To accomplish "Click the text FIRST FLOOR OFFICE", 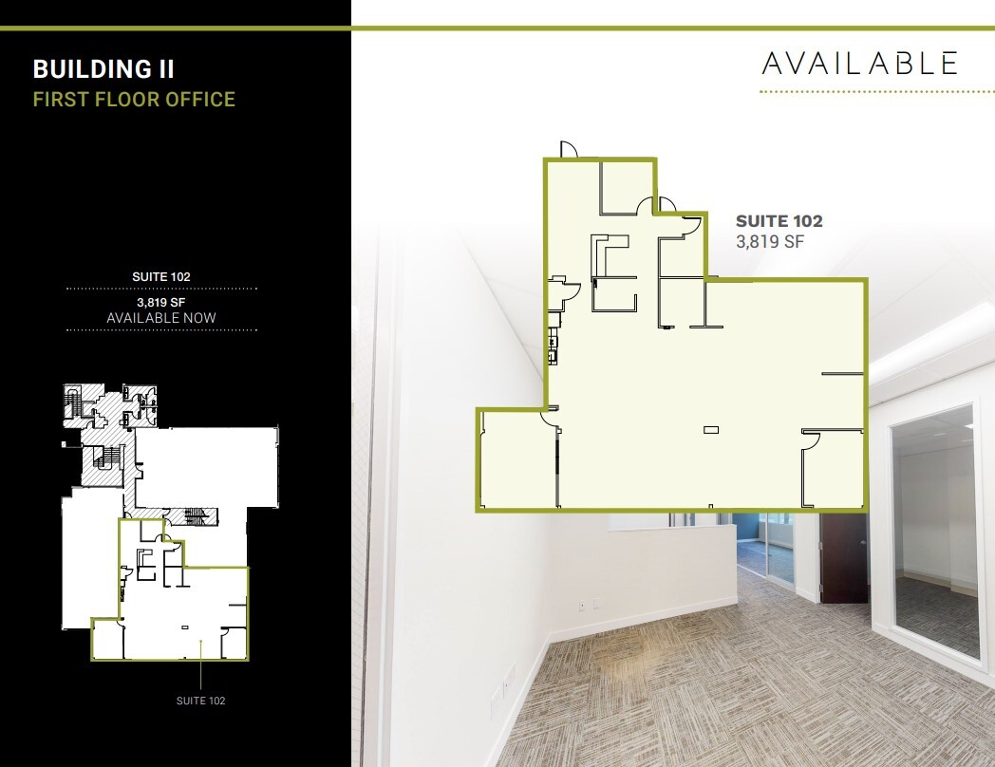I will click(x=134, y=99).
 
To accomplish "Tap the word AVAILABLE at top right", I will click(x=860, y=63).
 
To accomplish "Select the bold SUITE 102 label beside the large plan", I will click(x=779, y=221).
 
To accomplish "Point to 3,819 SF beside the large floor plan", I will click(x=770, y=241).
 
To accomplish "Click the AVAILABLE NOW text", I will click(x=161, y=318).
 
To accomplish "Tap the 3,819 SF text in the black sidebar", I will click(x=161, y=303).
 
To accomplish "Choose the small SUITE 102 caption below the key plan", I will click(x=201, y=701).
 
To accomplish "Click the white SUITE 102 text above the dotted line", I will click(x=161, y=277).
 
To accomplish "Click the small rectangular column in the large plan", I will click(x=711, y=430).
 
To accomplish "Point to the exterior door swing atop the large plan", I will click(x=568, y=150).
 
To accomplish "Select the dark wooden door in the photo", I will click(x=843, y=560).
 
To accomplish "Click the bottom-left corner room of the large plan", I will click(x=515, y=460).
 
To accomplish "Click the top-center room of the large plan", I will click(x=626, y=185).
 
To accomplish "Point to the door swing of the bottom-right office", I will click(x=812, y=438).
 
